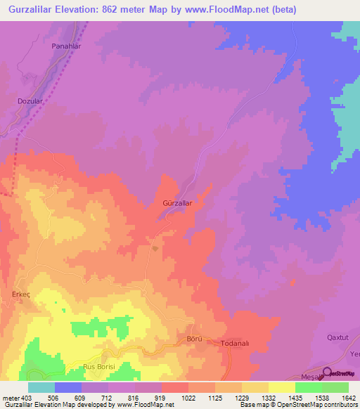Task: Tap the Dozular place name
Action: point(31,101)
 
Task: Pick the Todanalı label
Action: point(237,343)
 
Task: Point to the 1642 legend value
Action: point(349,398)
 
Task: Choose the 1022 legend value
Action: point(188,398)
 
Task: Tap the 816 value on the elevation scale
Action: point(134,398)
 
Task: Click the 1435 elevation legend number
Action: point(295,398)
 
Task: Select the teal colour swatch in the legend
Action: point(41,387)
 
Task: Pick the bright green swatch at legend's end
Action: point(335,387)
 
